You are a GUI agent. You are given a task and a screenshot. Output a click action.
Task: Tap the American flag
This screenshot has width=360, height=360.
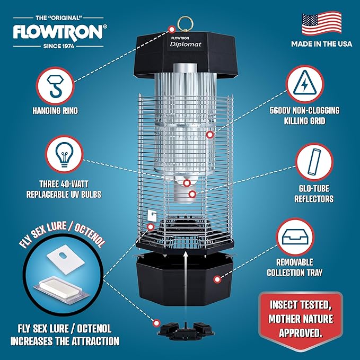coord(321,24)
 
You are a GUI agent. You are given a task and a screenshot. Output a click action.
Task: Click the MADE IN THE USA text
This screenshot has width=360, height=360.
coord(321,44)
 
